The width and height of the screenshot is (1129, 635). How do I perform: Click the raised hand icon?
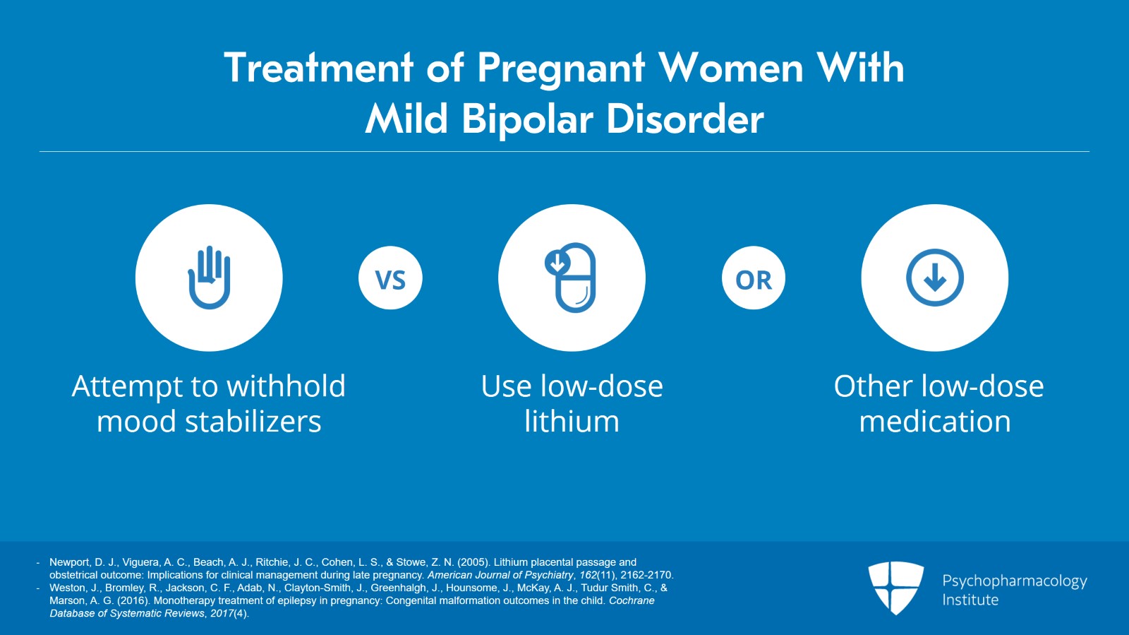[209, 278]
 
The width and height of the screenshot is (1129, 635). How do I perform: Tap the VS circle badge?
[390, 278]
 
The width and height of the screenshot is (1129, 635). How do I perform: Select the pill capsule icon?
[572, 278]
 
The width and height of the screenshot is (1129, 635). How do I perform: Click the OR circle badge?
[753, 278]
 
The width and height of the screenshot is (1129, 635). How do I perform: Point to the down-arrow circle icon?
[934, 278]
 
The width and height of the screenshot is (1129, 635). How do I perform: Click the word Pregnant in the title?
[560, 69]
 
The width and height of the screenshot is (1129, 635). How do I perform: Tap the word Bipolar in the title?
[527, 119]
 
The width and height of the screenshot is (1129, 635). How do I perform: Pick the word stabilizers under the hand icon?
[253, 422]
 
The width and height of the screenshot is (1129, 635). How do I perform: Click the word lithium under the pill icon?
[572, 422]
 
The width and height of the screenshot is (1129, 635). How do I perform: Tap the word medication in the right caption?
[934, 422]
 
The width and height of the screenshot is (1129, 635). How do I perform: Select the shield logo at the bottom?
[895, 587]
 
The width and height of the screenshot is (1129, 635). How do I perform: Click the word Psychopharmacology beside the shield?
[1014, 581]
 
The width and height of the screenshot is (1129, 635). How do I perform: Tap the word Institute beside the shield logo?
[970, 600]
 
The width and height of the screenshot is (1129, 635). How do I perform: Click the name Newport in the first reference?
[69, 562]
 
